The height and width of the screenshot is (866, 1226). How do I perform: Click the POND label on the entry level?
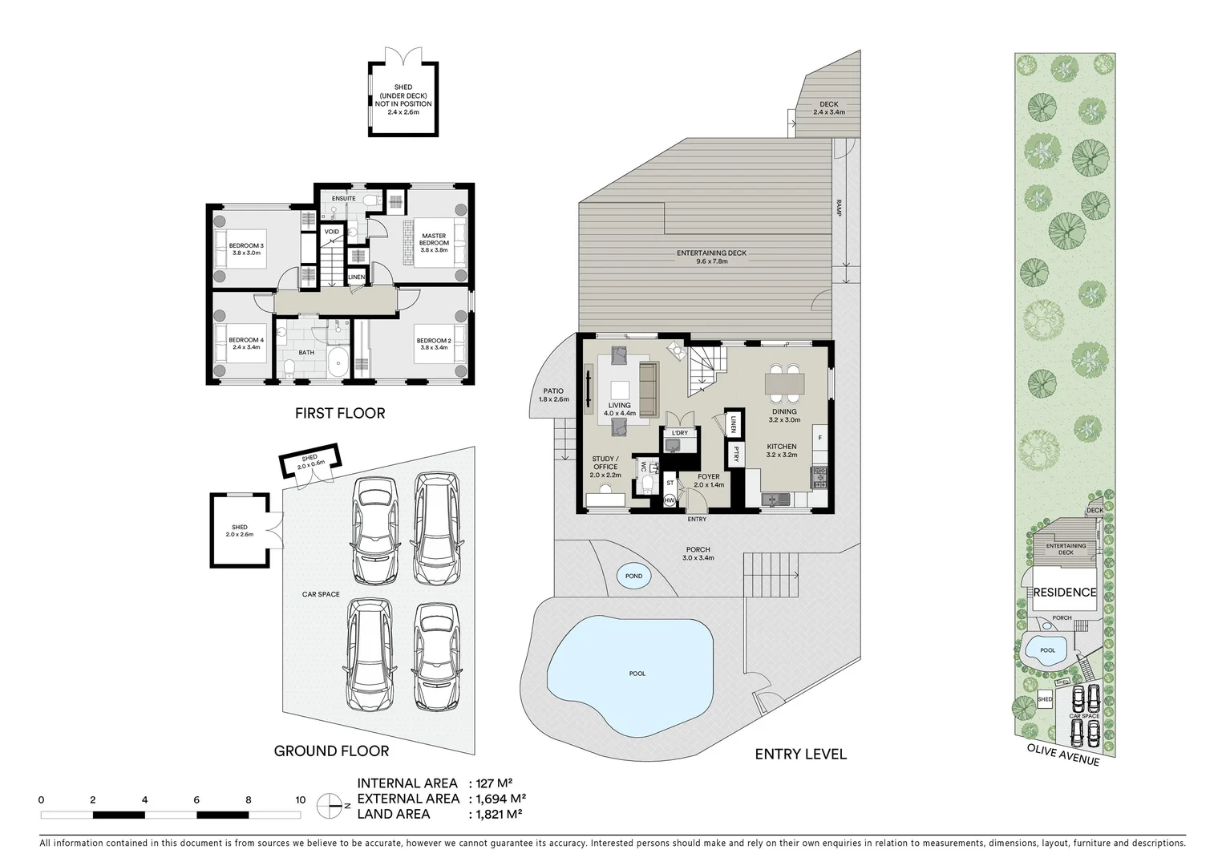[633, 576]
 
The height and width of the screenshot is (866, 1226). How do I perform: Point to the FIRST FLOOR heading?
[340, 414]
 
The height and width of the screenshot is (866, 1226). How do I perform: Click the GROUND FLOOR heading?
[331, 751]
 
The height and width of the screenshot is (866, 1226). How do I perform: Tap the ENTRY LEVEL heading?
[800, 754]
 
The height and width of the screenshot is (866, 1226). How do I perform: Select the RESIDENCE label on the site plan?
[1063, 593]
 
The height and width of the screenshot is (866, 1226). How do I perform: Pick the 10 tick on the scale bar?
[300, 799]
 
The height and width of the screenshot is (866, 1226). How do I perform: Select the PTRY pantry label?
[734, 454]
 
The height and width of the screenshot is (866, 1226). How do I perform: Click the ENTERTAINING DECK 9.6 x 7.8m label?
[711, 257]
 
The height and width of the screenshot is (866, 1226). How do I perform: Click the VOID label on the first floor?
[332, 232]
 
